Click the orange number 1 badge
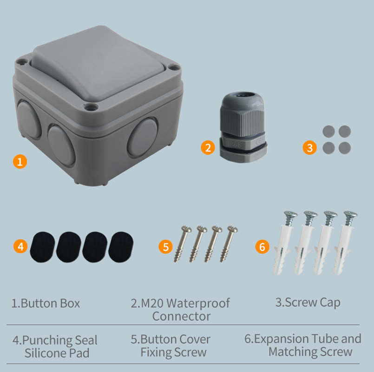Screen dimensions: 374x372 [20, 162]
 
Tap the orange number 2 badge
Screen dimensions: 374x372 [208, 147]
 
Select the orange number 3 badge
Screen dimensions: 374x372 [309, 147]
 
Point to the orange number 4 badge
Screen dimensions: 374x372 [20, 246]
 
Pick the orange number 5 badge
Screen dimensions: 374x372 [165, 246]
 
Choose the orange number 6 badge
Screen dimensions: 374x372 [262, 246]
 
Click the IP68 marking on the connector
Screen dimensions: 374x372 [236, 144]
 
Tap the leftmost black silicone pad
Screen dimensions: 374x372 [42, 247]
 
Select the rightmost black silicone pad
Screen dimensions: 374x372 [121, 247]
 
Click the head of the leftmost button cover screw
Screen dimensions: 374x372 [186, 229]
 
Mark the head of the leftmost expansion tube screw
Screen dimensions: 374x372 [291, 215]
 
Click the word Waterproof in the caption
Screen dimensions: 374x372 [198, 304]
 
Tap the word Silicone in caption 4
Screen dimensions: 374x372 [47, 353]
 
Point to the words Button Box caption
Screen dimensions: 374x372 [50, 303]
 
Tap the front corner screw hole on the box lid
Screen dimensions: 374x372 [91, 108]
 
